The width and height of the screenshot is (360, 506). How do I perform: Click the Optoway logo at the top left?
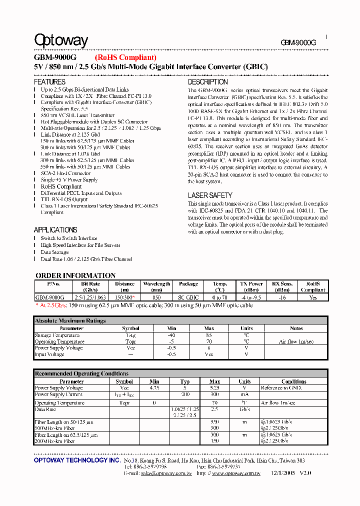point(61,40)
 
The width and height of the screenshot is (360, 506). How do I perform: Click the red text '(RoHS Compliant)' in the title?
point(125,58)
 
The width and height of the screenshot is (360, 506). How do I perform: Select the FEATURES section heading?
point(49,81)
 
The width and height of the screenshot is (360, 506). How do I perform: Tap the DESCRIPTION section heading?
point(207,81)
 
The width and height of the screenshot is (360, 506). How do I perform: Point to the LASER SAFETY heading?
point(210,195)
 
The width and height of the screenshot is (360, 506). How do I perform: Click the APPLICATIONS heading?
point(55,229)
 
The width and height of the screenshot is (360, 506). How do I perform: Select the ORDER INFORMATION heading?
point(75,275)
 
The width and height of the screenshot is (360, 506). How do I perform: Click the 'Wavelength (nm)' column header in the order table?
point(156,286)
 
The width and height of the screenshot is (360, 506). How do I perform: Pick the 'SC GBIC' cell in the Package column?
point(188,297)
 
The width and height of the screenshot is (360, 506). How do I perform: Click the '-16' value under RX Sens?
point(282,297)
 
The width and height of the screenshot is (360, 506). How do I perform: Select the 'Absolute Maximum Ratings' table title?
point(70,320)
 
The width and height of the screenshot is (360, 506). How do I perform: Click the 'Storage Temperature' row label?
point(57,335)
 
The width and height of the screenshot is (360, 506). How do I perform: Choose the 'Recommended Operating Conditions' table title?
point(81,373)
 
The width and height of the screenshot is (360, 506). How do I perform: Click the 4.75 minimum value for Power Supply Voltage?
point(154,388)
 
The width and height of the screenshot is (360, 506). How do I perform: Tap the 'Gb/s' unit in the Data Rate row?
point(244,409)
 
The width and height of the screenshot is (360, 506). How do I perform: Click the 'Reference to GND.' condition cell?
point(280,388)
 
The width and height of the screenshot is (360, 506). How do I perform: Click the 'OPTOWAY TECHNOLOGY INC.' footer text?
point(77,460)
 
